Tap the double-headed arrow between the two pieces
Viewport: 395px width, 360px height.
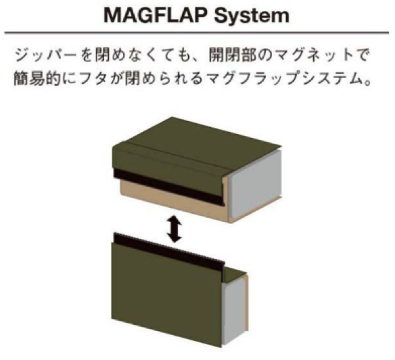pyautogui.click(x=174, y=229)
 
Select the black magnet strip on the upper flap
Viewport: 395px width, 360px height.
pyautogui.click(x=169, y=187)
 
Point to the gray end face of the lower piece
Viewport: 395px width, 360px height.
pyautogui.click(x=234, y=311)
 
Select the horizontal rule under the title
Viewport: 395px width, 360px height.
pyautogui.click(x=197, y=32)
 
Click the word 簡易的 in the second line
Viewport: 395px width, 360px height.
pyautogui.click(x=37, y=78)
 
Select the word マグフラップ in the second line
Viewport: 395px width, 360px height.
pyautogui.click(x=252, y=78)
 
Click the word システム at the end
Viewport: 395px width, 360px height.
pyautogui.click(x=331, y=78)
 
